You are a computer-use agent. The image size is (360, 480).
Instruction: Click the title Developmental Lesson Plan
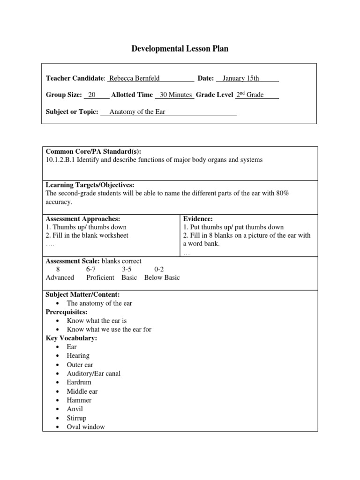(x=180, y=49)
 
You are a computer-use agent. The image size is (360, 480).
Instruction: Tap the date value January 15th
(x=240, y=78)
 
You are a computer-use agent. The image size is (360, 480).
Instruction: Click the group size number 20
(x=92, y=95)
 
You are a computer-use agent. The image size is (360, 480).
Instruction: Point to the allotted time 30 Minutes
(x=176, y=95)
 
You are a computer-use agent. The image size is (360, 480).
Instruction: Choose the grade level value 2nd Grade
(x=249, y=95)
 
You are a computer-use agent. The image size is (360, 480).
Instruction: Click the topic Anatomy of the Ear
(x=137, y=112)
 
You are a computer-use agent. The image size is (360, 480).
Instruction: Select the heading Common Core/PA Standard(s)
(x=93, y=151)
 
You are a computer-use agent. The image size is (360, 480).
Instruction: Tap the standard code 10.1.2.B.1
(x=60, y=160)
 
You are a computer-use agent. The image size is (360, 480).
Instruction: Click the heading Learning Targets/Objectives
(x=90, y=185)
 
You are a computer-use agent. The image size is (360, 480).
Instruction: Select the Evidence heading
(x=198, y=219)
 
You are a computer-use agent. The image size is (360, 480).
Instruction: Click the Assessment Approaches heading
(x=83, y=219)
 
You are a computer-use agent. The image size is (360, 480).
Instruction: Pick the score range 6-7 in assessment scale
(x=91, y=270)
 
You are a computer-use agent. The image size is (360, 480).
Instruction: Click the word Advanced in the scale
(x=60, y=277)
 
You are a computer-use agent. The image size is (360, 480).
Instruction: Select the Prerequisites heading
(x=67, y=312)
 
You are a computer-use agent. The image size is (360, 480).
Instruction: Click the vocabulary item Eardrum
(x=79, y=382)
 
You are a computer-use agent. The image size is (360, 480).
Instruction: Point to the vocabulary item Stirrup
(x=76, y=418)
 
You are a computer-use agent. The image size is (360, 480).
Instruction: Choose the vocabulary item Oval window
(x=86, y=427)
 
